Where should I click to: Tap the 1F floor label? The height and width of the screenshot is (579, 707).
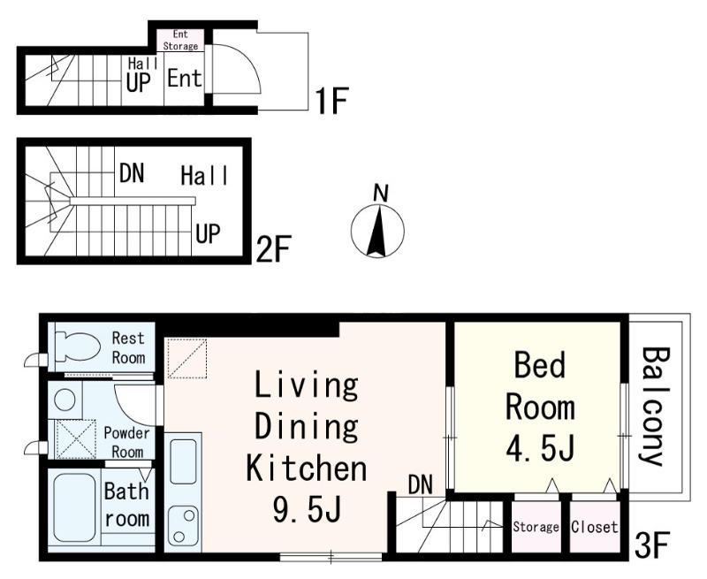click(331, 101)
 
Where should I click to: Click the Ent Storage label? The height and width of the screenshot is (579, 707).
click(180, 40)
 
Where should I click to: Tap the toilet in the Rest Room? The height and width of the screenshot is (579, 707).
click(78, 347)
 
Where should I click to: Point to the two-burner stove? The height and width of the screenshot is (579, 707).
click(183, 526)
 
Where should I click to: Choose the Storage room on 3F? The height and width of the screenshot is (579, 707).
click(536, 526)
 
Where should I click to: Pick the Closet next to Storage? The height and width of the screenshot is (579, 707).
click(594, 526)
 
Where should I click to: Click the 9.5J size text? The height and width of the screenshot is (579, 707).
click(307, 508)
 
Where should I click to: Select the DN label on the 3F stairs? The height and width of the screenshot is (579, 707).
click(421, 484)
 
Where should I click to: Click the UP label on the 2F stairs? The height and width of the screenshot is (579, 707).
click(208, 233)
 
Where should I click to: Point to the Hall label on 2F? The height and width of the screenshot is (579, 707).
click(204, 175)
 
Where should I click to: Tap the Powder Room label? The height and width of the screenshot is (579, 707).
click(126, 442)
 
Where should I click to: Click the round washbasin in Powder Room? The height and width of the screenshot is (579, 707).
click(65, 399)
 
